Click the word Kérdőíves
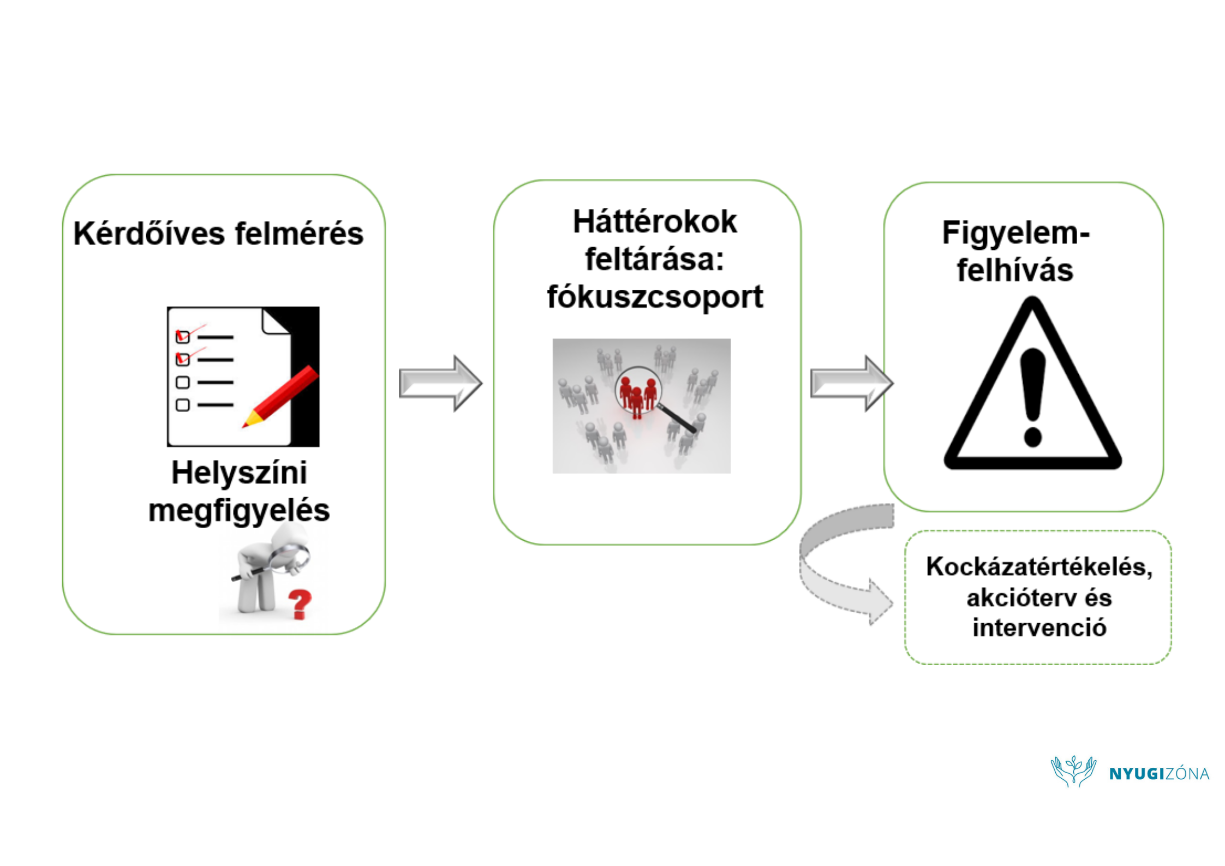point(148,234)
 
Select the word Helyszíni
point(239,473)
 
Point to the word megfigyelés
point(239,511)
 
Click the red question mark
point(299,604)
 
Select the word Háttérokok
point(654,222)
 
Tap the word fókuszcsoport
point(654,297)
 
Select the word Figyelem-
point(1015,233)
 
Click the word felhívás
point(1015,271)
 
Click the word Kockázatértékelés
point(1039,567)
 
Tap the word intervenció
point(1039,628)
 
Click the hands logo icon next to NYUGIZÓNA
point(1073,770)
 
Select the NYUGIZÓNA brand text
point(1159,774)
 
